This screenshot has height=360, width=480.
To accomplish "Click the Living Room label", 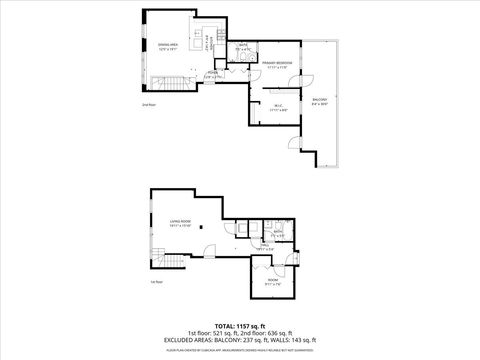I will point(180,226).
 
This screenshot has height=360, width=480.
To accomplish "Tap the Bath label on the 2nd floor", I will point(243,47).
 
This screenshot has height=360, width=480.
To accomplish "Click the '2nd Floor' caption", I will point(150,104).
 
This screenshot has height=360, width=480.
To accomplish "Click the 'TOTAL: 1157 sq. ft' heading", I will point(240,326).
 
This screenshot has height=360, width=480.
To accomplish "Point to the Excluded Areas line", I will point(240,340).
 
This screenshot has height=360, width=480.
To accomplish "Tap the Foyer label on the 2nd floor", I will point(212,74).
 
